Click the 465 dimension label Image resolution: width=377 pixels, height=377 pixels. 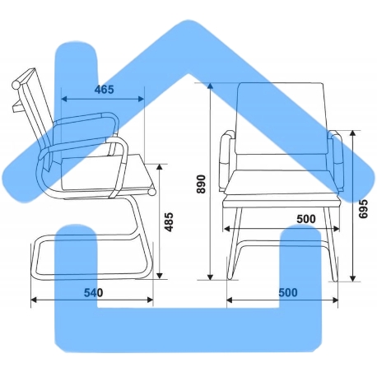tap(104, 90)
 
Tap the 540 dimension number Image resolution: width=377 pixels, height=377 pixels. tap(94, 293)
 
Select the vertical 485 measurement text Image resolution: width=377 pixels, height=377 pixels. tap(170, 221)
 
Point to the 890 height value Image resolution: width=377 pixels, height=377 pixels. tap(201, 184)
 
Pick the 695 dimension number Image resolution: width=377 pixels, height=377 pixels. tap(363, 209)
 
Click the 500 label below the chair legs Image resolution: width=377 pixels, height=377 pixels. tap(288, 293)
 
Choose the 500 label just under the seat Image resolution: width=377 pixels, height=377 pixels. tap(306, 219)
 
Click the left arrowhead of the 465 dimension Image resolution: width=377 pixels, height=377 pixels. tap(64, 99)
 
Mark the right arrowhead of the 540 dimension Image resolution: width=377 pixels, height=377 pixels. tap(150, 300)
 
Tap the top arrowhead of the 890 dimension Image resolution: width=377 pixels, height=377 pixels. tap(210, 86)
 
